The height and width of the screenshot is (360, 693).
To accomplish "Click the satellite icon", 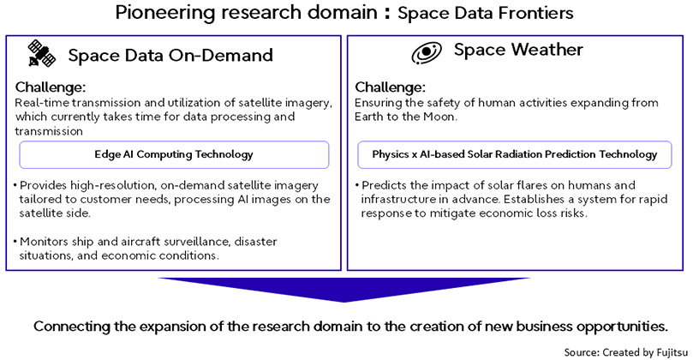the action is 41,53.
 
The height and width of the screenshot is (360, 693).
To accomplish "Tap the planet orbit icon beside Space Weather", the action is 427,52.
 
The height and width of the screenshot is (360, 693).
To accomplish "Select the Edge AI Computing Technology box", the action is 174,155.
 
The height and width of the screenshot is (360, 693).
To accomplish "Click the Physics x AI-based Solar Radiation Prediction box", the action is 515,155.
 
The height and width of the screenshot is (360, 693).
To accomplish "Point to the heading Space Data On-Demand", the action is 170,55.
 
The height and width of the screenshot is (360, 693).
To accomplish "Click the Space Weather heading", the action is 518,50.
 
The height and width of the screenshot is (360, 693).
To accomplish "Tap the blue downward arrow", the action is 344,290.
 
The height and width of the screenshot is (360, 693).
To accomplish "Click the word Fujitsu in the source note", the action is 672,352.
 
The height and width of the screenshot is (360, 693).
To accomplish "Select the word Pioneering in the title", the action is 165,12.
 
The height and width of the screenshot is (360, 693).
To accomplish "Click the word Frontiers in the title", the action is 535,13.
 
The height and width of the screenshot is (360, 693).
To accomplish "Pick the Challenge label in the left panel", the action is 51,87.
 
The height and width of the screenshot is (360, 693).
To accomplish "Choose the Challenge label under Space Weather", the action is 390,87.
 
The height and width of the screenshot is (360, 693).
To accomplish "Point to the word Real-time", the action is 42,103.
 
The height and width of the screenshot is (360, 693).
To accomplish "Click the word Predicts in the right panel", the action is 384,185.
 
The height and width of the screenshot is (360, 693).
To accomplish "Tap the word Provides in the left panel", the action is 44,185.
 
